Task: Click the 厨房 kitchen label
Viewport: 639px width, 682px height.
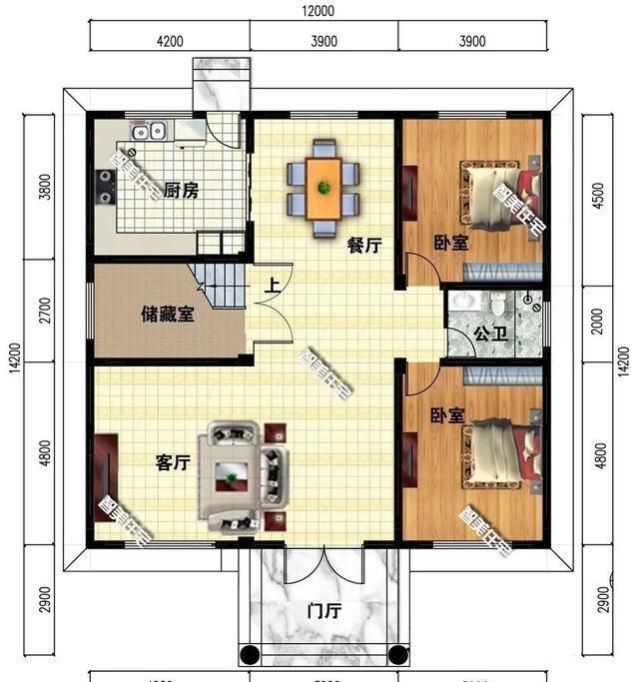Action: (x=181, y=190)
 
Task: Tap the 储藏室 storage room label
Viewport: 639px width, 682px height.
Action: (x=167, y=314)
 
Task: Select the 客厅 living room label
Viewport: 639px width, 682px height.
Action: (x=173, y=462)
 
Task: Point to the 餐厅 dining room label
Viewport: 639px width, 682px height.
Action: (x=363, y=246)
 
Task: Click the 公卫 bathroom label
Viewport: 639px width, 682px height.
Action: (x=490, y=334)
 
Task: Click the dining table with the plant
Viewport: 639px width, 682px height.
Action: (x=322, y=187)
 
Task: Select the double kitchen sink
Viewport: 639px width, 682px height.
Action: (x=151, y=131)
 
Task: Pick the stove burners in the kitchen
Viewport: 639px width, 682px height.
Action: (x=105, y=186)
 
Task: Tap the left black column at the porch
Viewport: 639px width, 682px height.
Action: (x=250, y=655)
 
